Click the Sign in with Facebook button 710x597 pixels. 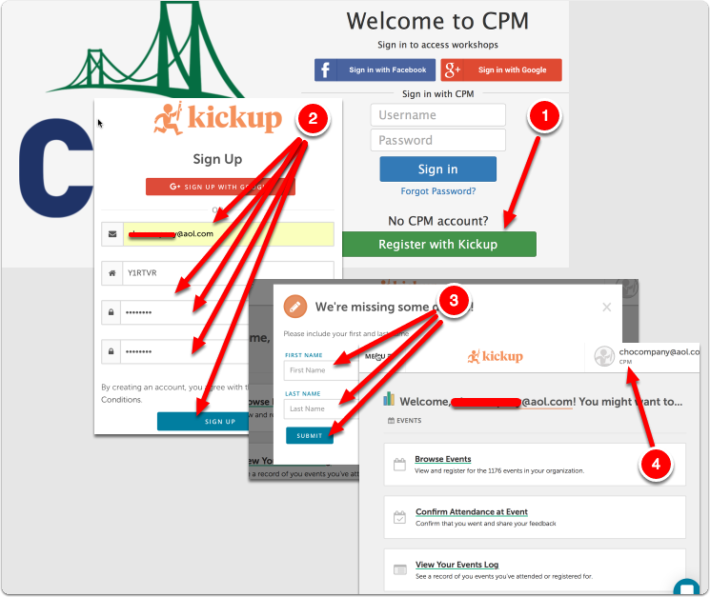click(375, 70)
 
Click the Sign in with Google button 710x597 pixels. click(500, 70)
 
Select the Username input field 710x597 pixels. click(437, 115)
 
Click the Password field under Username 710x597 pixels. click(437, 140)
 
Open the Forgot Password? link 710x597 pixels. click(438, 191)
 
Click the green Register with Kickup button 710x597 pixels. click(438, 245)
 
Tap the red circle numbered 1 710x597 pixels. click(545, 116)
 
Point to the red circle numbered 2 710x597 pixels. click(314, 119)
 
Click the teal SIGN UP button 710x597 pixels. click(220, 421)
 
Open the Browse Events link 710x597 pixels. click(443, 459)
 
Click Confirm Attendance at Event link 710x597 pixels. click(472, 512)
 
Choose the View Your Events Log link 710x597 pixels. click(456, 565)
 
